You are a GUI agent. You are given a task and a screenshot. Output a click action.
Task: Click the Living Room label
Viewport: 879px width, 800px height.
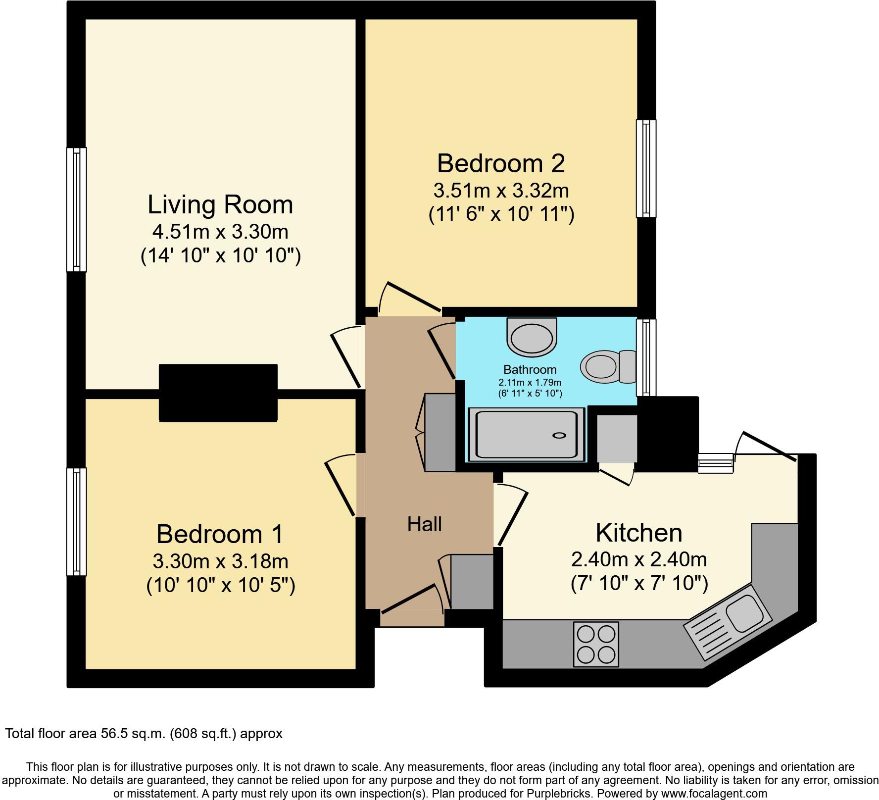220,205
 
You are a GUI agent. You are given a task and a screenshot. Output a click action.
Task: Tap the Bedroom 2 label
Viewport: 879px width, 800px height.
501,163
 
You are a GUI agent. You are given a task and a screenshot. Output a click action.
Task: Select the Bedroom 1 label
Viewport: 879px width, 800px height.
220,534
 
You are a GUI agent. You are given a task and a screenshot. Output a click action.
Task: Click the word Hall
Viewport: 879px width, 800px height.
424,524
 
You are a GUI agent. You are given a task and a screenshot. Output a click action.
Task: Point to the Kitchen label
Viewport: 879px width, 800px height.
638,533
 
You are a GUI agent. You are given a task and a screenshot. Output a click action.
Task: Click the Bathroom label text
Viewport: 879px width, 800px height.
530,369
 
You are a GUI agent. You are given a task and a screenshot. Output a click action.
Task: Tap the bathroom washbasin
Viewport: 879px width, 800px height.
532,338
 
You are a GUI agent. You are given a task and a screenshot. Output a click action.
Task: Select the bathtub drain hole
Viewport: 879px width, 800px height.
559,435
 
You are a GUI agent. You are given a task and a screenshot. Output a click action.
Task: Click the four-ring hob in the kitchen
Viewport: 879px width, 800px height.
596,644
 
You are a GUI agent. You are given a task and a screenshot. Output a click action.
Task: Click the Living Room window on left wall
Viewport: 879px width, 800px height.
76,209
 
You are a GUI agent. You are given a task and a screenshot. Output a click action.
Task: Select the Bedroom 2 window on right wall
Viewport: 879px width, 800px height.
646,168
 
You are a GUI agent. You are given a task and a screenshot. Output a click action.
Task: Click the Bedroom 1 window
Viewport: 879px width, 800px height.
76,522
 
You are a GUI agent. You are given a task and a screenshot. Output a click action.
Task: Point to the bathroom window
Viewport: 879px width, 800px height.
646,357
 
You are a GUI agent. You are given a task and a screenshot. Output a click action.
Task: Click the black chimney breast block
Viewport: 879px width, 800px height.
218,393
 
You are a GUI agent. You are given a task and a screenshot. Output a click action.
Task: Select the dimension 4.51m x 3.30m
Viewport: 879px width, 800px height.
220,231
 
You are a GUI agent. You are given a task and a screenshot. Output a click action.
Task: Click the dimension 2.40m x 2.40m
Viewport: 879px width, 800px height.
638,559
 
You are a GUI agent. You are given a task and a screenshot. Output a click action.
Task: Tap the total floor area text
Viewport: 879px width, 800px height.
144,733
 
